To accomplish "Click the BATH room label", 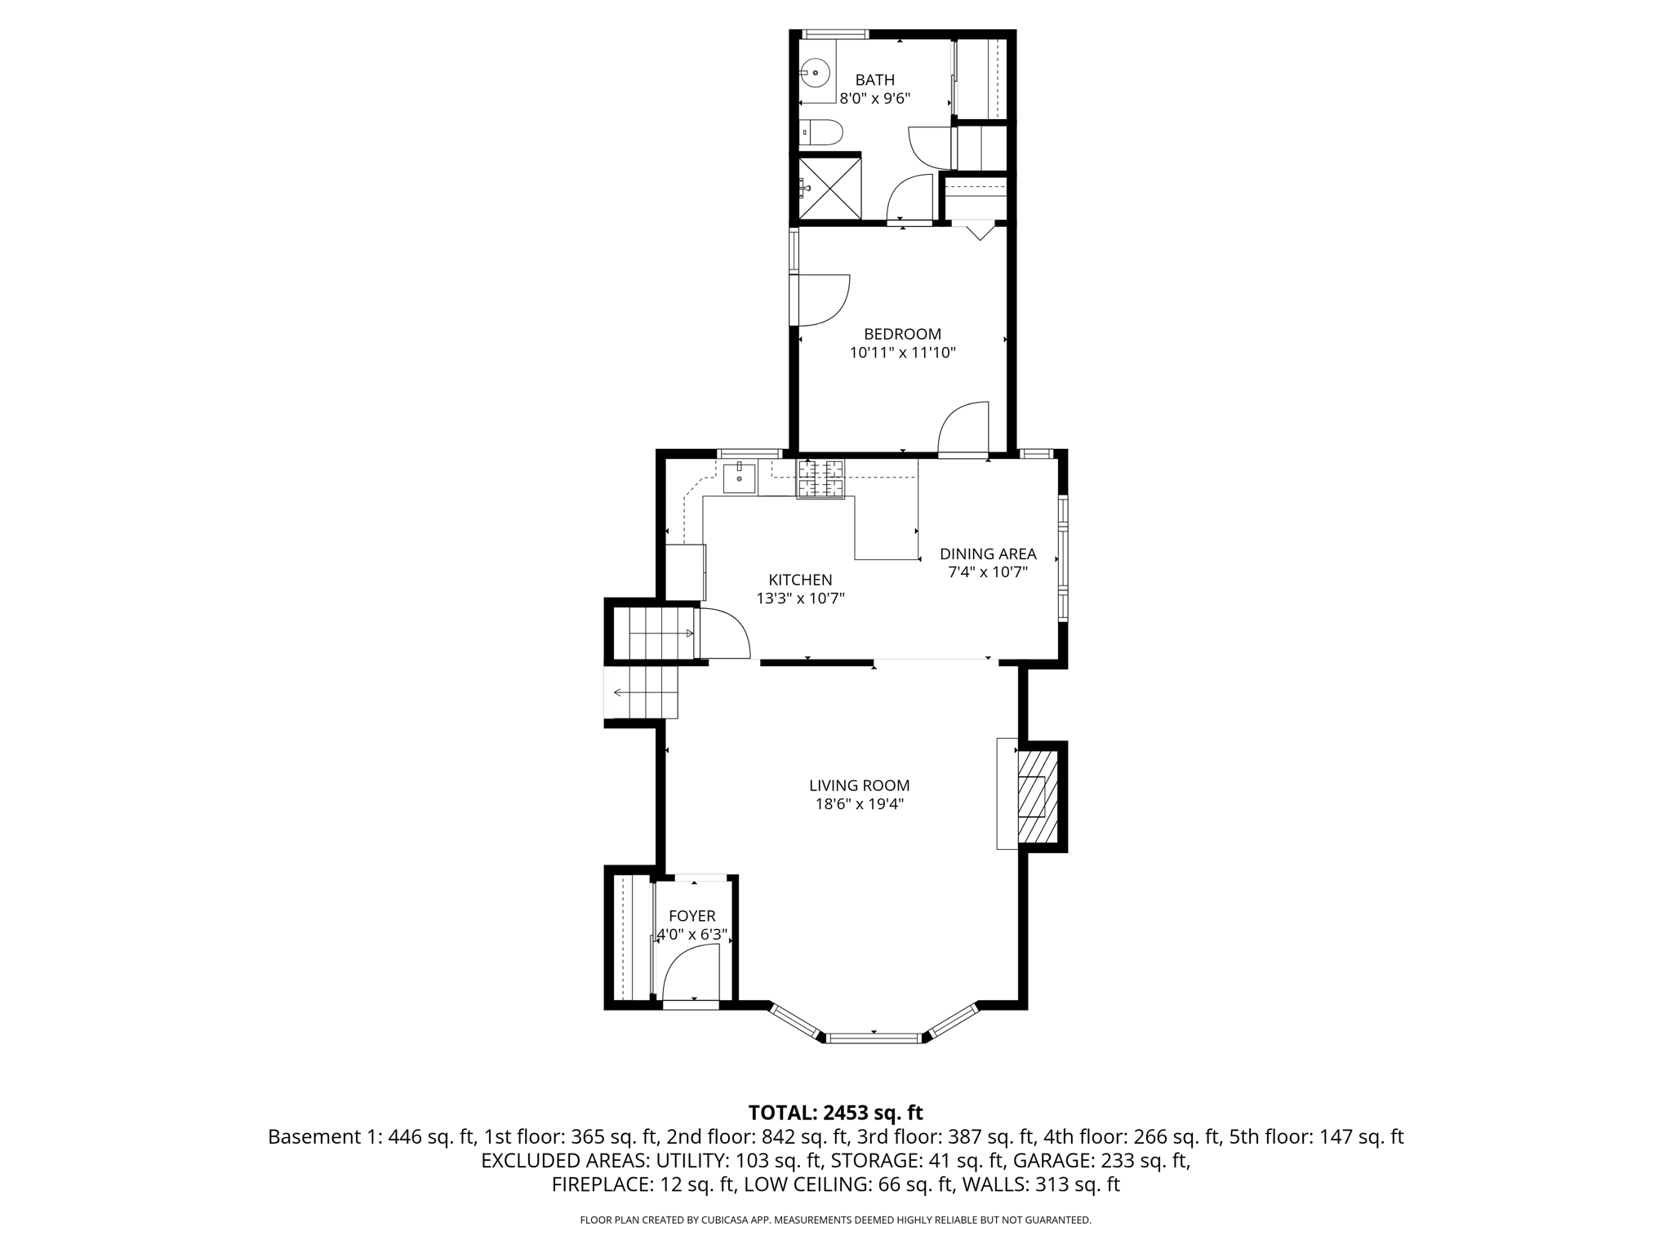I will (874, 80).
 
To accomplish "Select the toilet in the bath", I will (821, 132).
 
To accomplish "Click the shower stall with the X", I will (829, 189).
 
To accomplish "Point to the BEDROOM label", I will (902, 334).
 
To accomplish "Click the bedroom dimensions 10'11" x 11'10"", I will (902, 354).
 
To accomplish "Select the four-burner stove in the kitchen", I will (820, 478).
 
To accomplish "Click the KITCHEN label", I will (800, 580).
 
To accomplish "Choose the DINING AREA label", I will (988, 554).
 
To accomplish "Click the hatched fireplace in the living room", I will (1037, 796).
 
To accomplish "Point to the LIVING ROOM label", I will (859, 785).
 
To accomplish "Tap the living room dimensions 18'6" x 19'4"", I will (859, 804).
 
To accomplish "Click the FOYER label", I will (691, 916).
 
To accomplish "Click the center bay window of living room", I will (874, 1038).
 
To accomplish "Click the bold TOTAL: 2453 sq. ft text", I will (835, 1113).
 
